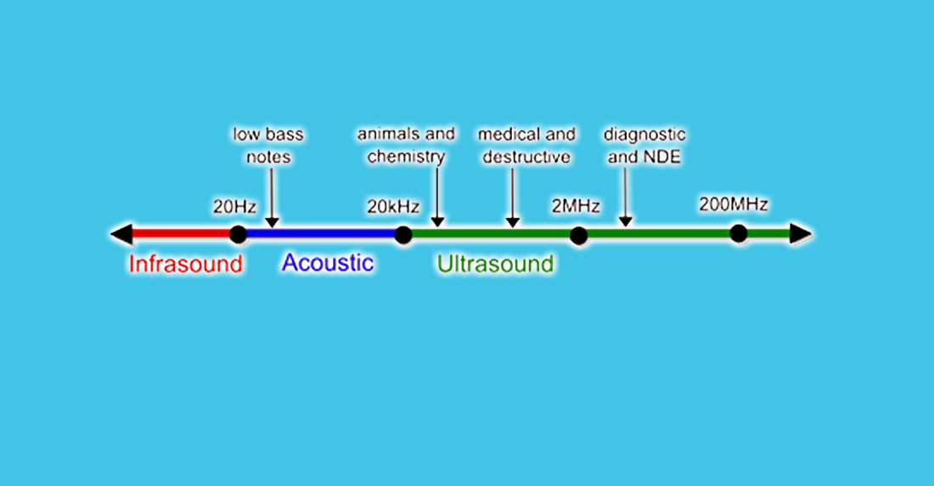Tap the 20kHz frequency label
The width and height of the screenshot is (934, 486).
click(x=391, y=206)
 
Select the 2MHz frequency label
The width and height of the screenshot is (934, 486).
click(x=576, y=206)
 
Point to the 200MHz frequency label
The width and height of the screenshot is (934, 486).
click(x=734, y=204)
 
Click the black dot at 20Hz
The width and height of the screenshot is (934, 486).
click(x=238, y=234)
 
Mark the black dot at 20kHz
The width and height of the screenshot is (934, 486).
click(x=403, y=234)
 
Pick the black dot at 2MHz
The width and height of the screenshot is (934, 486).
click(x=578, y=235)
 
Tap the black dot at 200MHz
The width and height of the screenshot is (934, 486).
click(x=739, y=233)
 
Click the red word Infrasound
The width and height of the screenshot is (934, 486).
click(x=185, y=264)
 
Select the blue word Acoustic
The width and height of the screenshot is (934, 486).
click(x=328, y=263)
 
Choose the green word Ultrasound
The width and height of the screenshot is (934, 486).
click(x=495, y=264)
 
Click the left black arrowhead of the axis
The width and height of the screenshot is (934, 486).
click(x=121, y=234)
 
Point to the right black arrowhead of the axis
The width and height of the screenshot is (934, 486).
click(x=800, y=234)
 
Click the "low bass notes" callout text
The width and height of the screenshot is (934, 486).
click(x=268, y=145)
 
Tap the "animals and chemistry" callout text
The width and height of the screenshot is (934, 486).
click(x=406, y=145)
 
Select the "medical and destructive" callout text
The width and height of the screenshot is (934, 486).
click(x=526, y=145)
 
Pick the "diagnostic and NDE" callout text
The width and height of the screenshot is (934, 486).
click(x=644, y=145)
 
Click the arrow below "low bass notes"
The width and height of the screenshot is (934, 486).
click(x=272, y=198)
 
